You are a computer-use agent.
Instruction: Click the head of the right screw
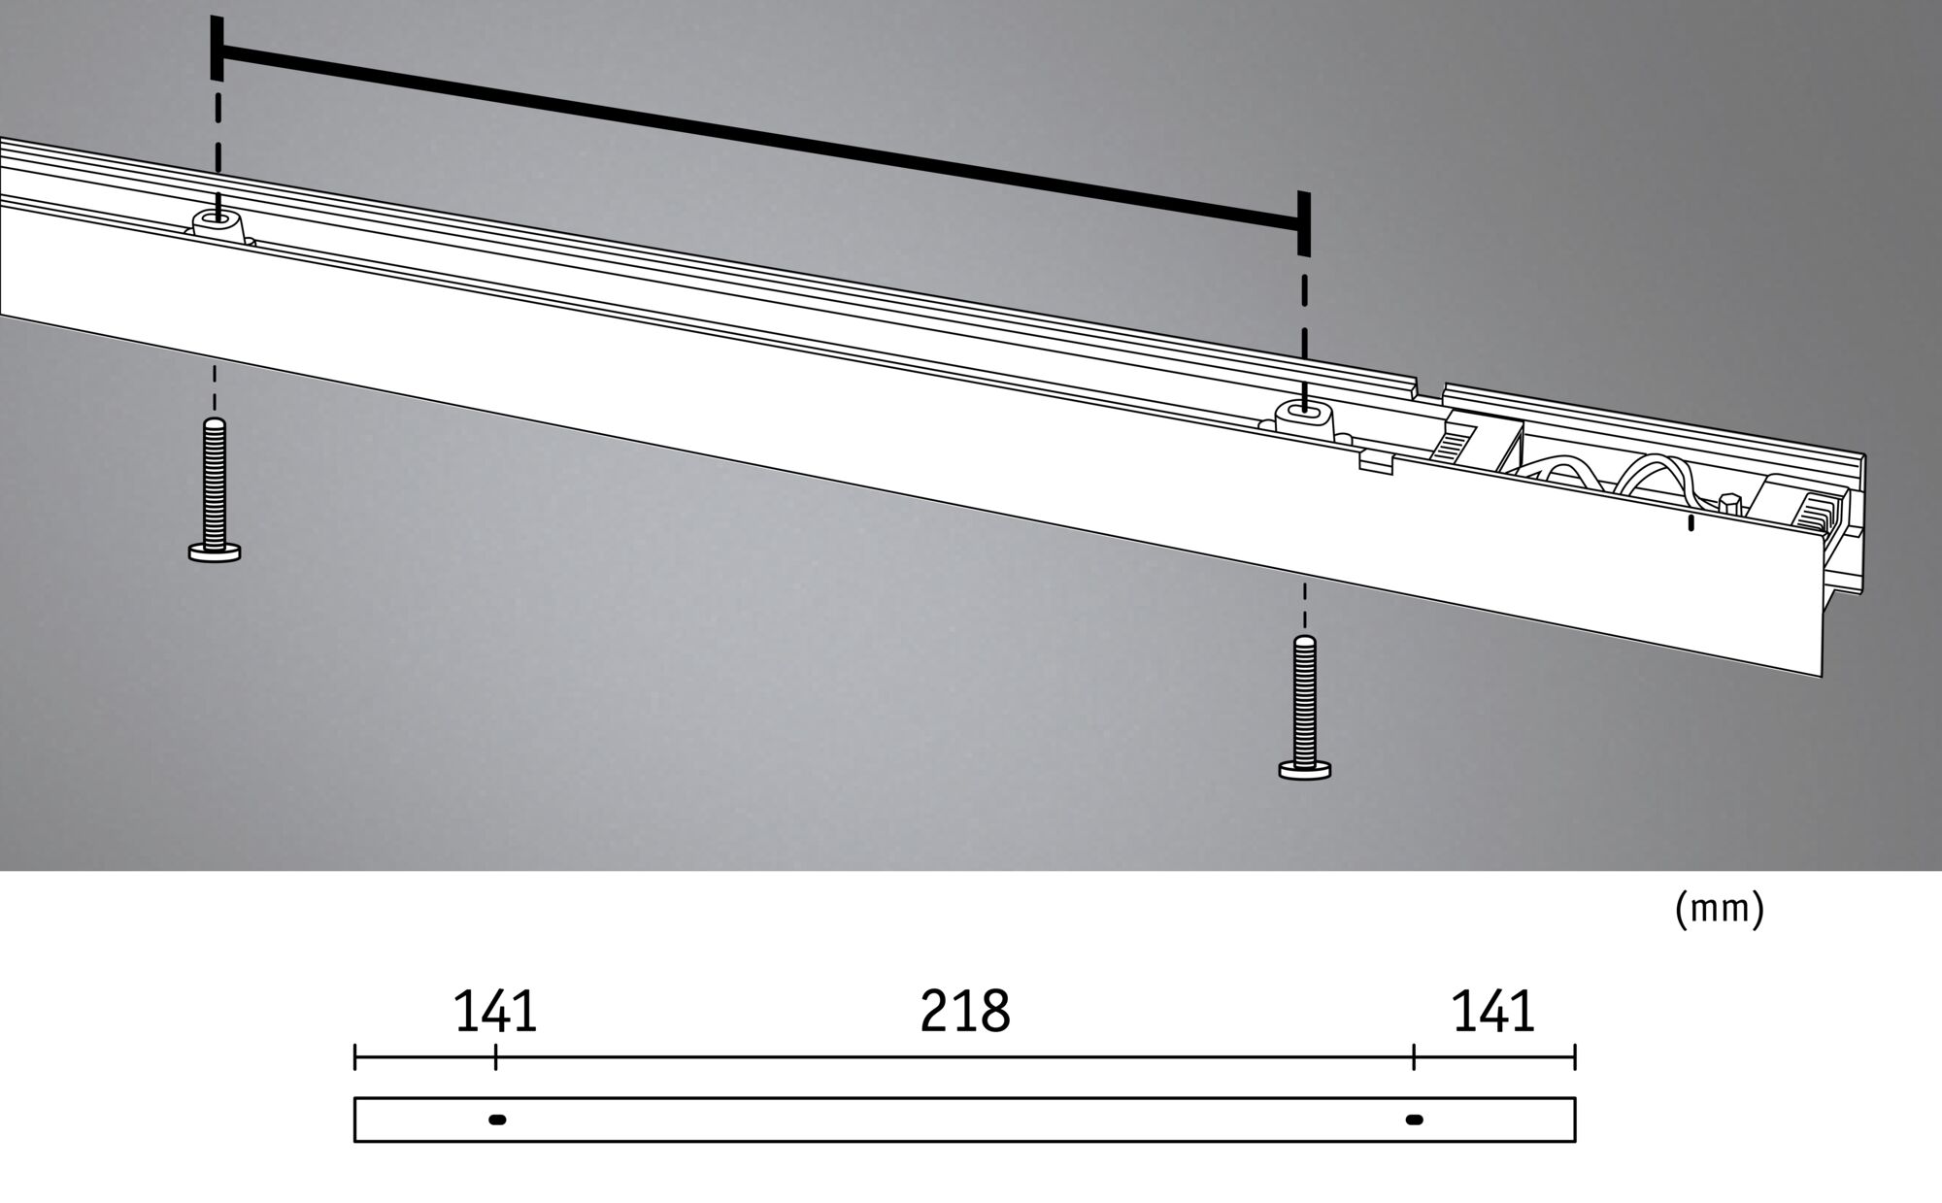[1305, 770]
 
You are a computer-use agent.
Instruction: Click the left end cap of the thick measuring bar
[217, 49]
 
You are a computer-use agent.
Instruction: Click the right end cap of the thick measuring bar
[1303, 224]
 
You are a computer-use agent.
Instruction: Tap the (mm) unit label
[1719, 909]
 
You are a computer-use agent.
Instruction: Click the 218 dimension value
[964, 1012]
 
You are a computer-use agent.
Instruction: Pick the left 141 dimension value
[495, 1012]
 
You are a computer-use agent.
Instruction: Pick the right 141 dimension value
[1492, 1012]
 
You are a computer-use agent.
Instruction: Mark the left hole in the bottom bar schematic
[497, 1119]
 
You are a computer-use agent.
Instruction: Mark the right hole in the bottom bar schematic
[1415, 1119]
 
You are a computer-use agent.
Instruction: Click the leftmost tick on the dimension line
[355, 1057]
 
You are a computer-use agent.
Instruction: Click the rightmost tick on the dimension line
[1574, 1057]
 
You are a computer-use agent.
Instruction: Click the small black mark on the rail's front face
[1691, 523]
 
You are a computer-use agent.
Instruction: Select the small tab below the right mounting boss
[1376, 466]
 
